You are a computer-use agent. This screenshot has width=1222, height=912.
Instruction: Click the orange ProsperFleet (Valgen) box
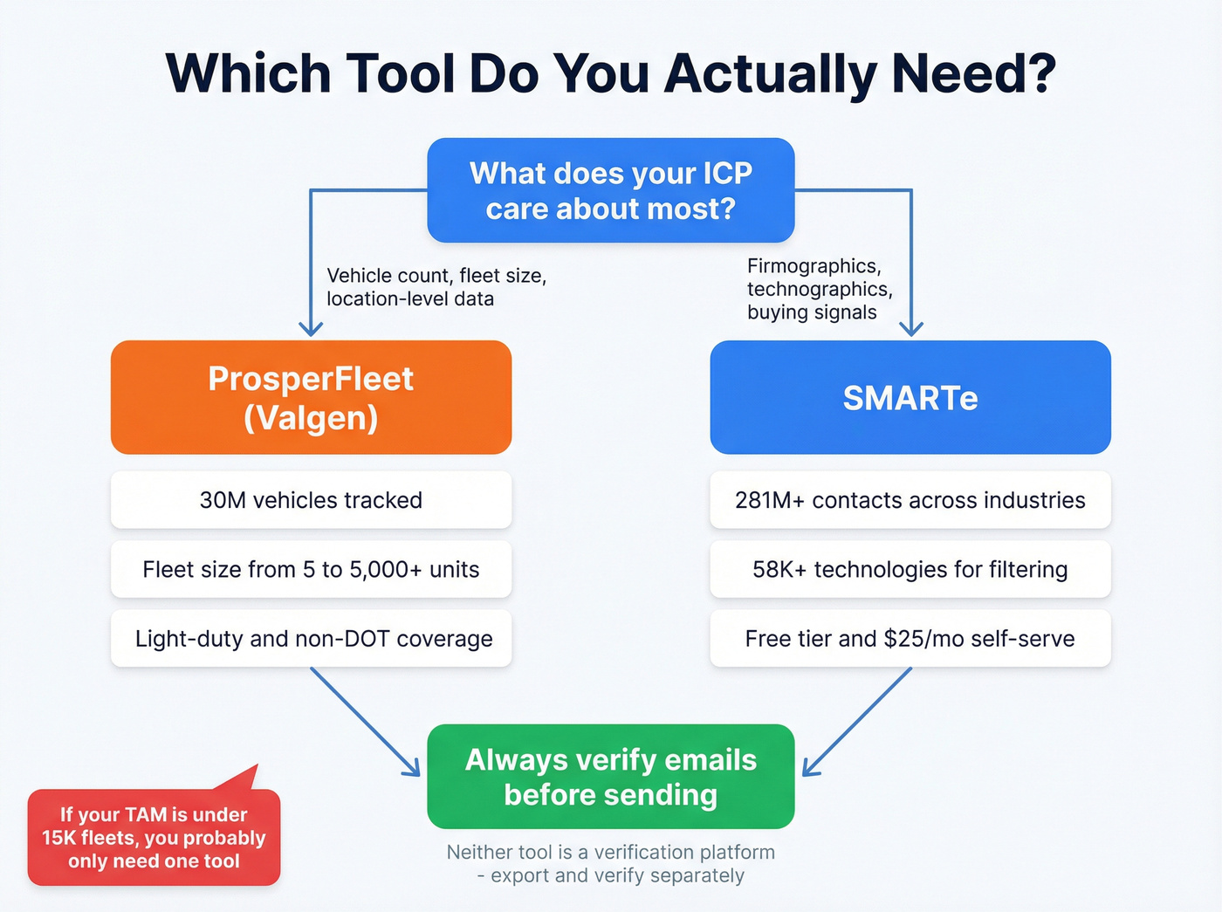tap(311, 397)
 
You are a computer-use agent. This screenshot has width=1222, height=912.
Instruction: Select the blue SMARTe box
tap(910, 397)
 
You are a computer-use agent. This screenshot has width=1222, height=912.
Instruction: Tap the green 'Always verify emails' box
tap(610, 777)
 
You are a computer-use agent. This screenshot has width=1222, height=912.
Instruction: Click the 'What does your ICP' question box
tap(610, 190)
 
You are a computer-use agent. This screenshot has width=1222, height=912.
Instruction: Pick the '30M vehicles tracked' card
tap(311, 500)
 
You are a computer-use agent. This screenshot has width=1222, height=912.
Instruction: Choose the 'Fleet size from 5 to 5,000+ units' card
tap(311, 569)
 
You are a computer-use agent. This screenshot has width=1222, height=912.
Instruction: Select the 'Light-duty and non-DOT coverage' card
tap(311, 639)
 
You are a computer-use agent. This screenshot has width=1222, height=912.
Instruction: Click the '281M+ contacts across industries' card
tap(910, 500)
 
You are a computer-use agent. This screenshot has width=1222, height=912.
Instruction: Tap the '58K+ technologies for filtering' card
tap(910, 569)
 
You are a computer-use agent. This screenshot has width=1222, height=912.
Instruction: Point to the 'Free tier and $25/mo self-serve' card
tap(910, 639)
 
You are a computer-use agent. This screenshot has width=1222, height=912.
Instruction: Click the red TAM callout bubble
tap(154, 837)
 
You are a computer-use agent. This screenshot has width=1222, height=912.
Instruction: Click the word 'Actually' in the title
tap(770, 73)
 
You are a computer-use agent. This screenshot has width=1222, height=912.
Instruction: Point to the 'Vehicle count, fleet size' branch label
tap(436, 287)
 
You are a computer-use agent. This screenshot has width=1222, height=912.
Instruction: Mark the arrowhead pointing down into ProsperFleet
tap(311, 329)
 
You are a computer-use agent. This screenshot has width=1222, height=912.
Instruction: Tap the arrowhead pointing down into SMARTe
tap(911, 329)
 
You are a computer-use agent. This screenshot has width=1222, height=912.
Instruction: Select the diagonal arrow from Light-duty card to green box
tap(365, 721)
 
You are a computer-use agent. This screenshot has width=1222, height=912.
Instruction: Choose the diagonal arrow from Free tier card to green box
tap(857, 721)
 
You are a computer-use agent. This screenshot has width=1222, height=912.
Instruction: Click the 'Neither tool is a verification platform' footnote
tap(610, 863)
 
